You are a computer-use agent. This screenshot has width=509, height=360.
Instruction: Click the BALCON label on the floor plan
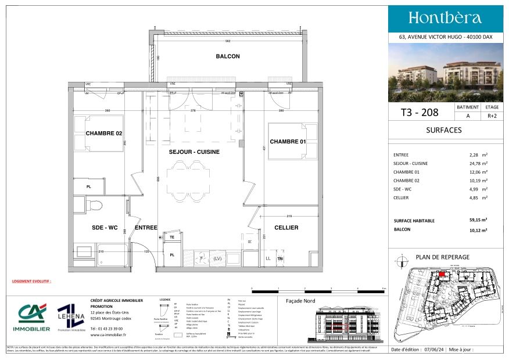click(x=228, y=56)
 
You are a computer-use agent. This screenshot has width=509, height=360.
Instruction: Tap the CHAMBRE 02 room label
click(x=104, y=134)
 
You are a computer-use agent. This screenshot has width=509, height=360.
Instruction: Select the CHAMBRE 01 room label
click(x=288, y=142)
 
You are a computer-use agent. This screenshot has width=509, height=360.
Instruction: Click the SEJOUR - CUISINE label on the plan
click(x=194, y=152)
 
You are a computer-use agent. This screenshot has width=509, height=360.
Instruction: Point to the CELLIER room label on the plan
click(x=286, y=228)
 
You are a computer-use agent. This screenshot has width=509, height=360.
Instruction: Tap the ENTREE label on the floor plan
click(x=146, y=228)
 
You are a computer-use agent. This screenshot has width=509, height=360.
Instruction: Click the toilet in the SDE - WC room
click(x=95, y=204)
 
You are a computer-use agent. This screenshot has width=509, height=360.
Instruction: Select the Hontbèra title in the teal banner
click(x=445, y=17)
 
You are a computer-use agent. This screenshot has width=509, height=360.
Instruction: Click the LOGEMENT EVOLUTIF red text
click(x=31, y=280)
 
